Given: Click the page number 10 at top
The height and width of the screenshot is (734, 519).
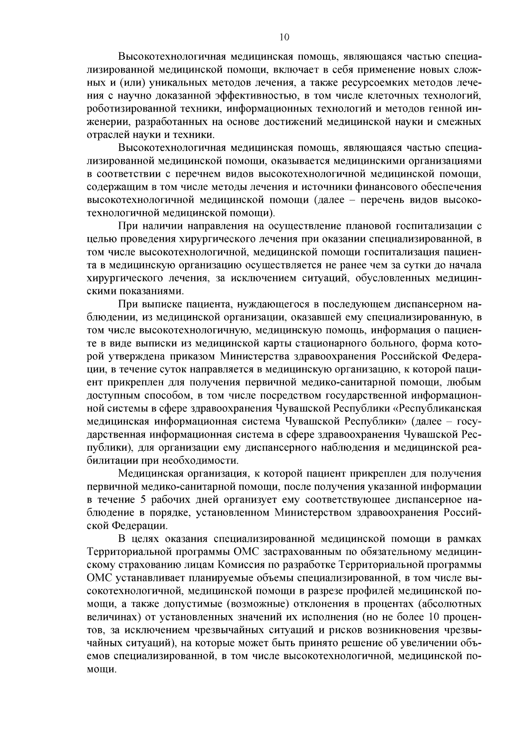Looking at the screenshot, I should click(x=284, y=37).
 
